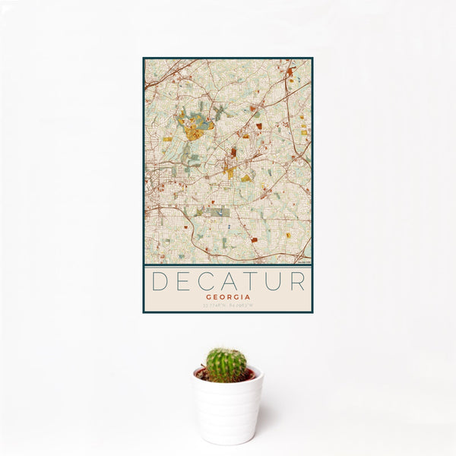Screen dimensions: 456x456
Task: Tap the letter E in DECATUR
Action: (x=183, y=281)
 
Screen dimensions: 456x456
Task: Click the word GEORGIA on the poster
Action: (x=228, y=297)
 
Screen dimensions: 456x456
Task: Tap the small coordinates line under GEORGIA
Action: (x=228, y=306)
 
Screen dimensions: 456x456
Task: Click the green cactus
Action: (x=226, y=365)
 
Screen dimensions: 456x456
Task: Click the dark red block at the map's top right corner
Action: (x=290, y=72)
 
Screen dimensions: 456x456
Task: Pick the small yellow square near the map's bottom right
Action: (x=289, y=236)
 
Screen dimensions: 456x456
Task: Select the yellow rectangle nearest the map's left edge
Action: (x=167, y=139)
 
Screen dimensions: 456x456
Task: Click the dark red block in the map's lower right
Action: (x=254, y=239)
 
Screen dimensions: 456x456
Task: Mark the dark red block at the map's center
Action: (x=233, y=152)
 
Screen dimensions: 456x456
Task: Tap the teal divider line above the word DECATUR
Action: (x=228, y=264)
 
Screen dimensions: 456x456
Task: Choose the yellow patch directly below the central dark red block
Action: (x=230, y=173)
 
